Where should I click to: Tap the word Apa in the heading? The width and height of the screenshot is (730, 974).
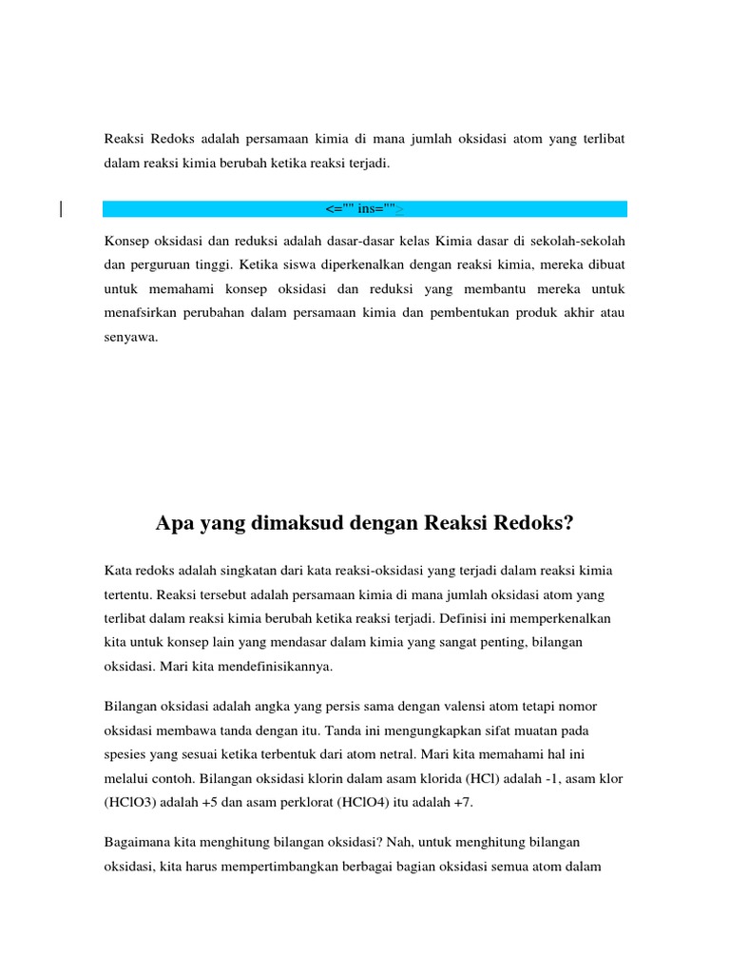pos(174,524)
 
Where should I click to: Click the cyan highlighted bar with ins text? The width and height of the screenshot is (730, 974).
pos(365,208)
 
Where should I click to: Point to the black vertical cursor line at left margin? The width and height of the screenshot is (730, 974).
pos(62,209)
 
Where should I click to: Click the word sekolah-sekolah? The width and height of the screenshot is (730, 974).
pos(580,239)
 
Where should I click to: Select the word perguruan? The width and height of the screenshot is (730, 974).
pos(160,263)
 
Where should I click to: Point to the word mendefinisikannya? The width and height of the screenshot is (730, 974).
pos(272,666)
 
